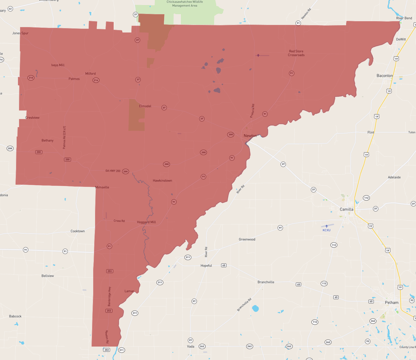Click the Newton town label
(x=250, y=136)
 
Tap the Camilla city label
(x=346, y=209)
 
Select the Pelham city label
(x=392, y=302)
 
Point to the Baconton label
(x=385, y=76)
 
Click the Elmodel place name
(x=145, y=106)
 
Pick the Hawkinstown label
(x=162, y=181)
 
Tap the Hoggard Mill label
(x=146, y=222)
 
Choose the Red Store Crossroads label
(x=296, y=53)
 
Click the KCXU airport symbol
(x=327, y=226)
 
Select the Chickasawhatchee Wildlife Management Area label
(x=185, y=4)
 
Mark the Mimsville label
(x=102, y=187)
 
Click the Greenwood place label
(x=247, y=239)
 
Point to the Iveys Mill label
(x=58, y=65)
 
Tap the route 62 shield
(x=10, y=9)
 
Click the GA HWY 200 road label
(x=113, y=171)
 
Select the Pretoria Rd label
(x=252, y=111)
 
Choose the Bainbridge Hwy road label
(x=109, y=296)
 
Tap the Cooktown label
(x=78, y=231)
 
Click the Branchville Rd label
(x=244, y=305)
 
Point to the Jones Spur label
(x=20, y=33)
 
